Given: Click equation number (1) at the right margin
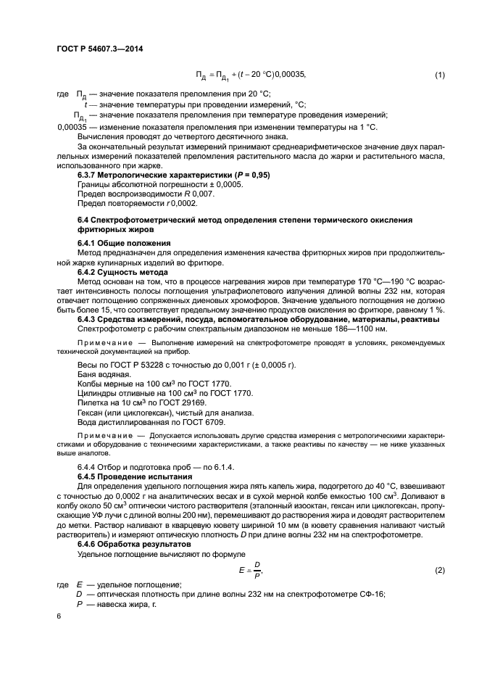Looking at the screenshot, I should pyautogui.click(x=439, y=75).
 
